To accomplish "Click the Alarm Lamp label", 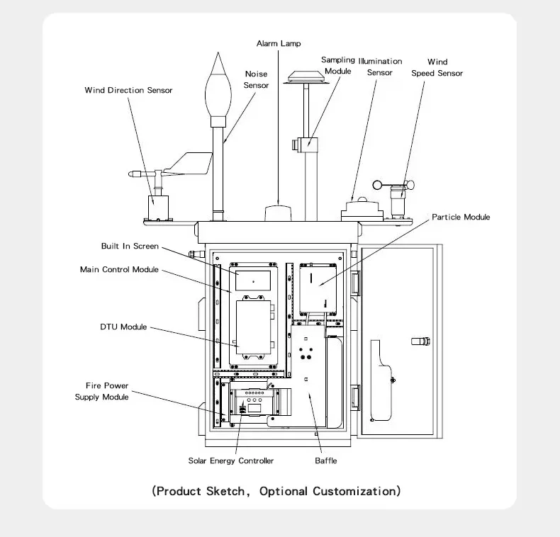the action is pyautogui.click(x=279, y=43).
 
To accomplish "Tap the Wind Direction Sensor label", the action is pyautogui.click(x=128, y=90).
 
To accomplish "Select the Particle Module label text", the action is pyautogui.click(x=461, y=217).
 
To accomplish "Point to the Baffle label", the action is pyautogui.click(x=325, y=460).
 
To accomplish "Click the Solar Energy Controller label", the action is pyautogui.click(x=230, y=461).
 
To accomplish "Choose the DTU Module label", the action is pyautogui.click(x=123, y=327).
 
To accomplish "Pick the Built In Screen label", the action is pyautogui.click(x=130, y=246).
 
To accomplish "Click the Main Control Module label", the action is pyautogui.click(x=119, y=269).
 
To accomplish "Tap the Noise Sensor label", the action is pyautogui.click(x=256, y=79).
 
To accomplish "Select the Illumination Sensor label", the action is pyautogui.click(x=380, y=67).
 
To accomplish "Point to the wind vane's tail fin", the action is pyautogui.click(x=191, y=164).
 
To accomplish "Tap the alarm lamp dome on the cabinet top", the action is pyautogui.click(x=278, y=213).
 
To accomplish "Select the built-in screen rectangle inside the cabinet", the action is pyautogui.click(x=253, y=281).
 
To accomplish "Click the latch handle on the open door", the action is pyautogui.click(x=421, y=341).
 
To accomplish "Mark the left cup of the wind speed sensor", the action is pyautogui.click(x=378, y=185).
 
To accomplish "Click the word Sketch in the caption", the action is pyautogui.click(x=225, y=491).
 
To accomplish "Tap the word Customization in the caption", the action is pyautogui.click(x=354, y=491).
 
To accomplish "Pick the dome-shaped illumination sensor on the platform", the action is pyautogui.click(x=362, y=207).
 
